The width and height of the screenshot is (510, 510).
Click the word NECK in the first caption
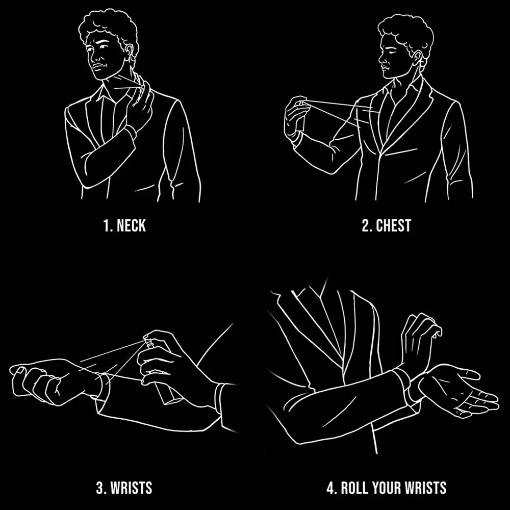[x=131, y=225]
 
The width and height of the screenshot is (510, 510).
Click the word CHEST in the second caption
[x=394, y=225]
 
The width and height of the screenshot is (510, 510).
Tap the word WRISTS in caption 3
[x=132, y=488]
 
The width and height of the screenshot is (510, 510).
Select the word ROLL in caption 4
[x=354, y=488]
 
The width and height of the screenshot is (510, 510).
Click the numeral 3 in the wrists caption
[x=100, y=488]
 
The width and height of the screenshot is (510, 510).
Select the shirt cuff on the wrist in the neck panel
[x=131, y=132]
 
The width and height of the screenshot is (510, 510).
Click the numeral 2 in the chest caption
[x=367, y=225]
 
